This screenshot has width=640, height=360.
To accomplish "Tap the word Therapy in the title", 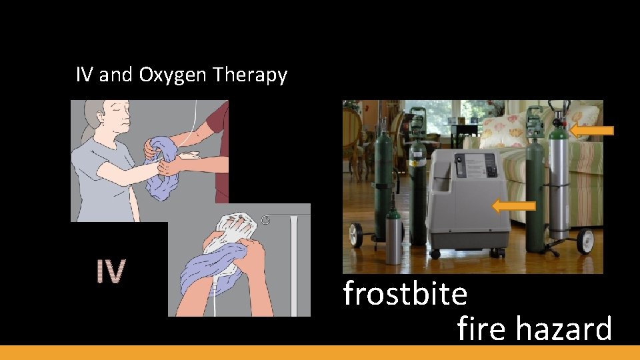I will pos(250,76).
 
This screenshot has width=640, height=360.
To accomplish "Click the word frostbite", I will pos(405,293).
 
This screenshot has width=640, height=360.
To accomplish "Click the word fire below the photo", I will pos(478,329).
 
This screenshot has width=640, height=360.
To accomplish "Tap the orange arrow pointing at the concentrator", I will pos(513,206).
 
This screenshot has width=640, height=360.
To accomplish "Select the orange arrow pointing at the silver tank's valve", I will pos(591,131).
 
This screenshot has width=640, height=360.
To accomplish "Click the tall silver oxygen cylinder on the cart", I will pos(559,180).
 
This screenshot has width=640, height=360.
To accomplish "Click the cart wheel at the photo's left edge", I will pos(355,237).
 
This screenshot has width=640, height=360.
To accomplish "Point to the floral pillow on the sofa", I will pos(505,131).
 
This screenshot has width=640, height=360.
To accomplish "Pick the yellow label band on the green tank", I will pos(418,162).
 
